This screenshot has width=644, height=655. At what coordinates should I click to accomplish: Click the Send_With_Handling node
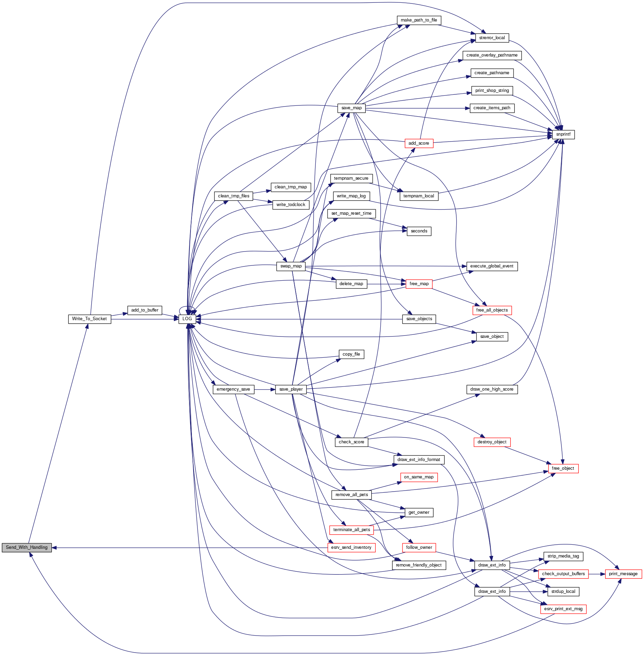(27, 547)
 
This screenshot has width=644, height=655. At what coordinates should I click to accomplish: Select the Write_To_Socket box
(90, 319)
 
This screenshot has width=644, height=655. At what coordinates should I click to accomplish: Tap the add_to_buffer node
(145, 310)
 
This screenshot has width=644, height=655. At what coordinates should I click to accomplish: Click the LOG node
(187, 319)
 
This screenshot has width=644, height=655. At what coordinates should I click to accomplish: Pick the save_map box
(351, 108)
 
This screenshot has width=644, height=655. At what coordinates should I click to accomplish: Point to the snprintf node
(563, 134)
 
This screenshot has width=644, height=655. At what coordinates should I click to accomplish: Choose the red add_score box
(419, 143)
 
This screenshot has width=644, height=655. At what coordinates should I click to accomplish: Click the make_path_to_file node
(419, 20)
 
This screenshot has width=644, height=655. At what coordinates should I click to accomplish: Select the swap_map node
(291, 266)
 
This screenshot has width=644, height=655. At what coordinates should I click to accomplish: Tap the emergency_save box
(233, 389)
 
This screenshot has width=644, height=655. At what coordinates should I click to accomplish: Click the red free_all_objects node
(492, 310)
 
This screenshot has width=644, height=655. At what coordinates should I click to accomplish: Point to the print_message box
(623, 574)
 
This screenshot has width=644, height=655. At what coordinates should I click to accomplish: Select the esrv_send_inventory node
(351, 547)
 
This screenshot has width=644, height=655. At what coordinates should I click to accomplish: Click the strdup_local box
(563, 592)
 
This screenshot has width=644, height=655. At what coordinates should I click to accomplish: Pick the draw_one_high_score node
(492, 389)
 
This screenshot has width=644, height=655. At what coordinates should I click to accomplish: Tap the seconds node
(419, 231)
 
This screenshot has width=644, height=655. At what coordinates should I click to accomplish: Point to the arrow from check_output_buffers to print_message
(597, 574)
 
